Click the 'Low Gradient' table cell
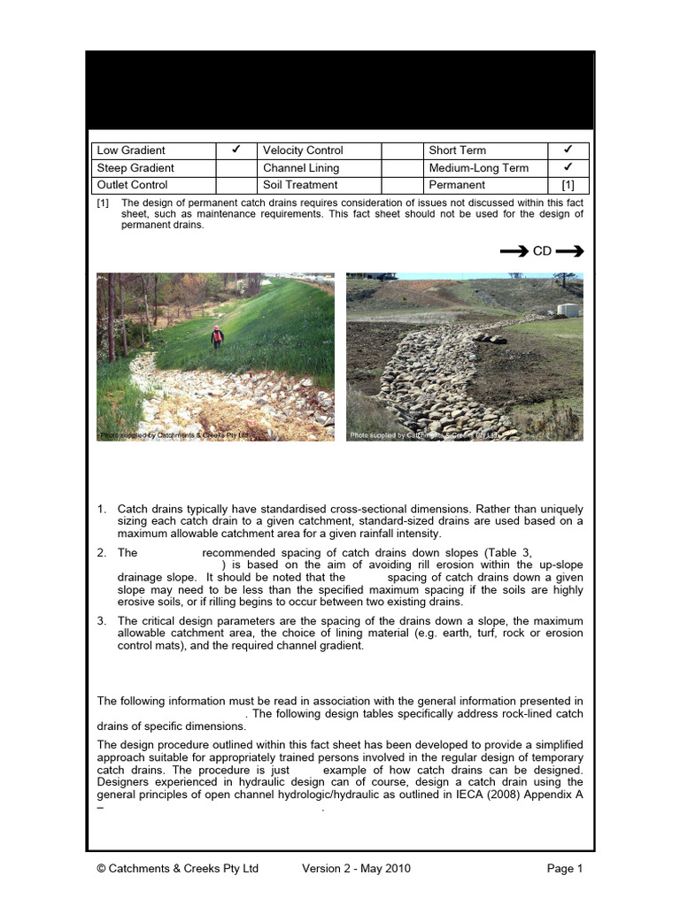pyautogui.click(x=130, y=150)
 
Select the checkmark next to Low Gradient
pyautogui.click(x=236, y=150)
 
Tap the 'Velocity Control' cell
pyautogui.click(x=303, y=150)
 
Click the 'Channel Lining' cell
pyautogui.click(x=300, y=168)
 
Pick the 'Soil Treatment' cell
pyautogui.click(x=300, y=185)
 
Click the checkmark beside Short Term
pyautogui.click(x=568, y=150)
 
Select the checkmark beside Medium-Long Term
pyautogui.click(x=568, y=167)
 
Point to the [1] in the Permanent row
pyautogui.click(x=568, y=185)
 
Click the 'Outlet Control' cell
pyautogui.click(x=132, y=185)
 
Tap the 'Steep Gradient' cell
pyautogui.click(x=135, y=168)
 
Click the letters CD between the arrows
pyautogui.click(x=542, y=251)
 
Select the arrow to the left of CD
pyautogui.click(x=514, y=251)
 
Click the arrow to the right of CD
pyautogui.click(x=570, y=251)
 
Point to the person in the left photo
pyautogui.click(x=217, y=336)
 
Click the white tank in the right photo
pyautogui.click(x=568, y=311)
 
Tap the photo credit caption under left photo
pyautogui.click(x=174, y=435)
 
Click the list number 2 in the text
pyautogui.click(x=102, y=552)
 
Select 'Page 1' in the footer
pyautogui.click(x=565, y=869)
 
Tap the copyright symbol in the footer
pyautogui.click(x=102, y=869)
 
